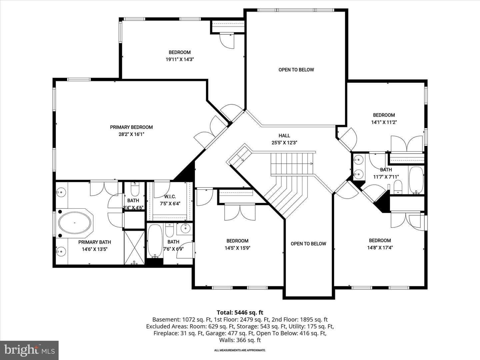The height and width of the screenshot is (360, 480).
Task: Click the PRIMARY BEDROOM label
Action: pos(131,127)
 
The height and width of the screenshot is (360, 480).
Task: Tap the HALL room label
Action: pos(284,136)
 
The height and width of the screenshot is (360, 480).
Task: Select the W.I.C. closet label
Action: pos(170,197)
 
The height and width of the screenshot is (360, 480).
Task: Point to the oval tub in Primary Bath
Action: pos(75,223)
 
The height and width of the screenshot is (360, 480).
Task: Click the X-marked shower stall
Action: pos(134,247)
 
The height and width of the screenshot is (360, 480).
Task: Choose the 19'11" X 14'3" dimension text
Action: pos(180,59)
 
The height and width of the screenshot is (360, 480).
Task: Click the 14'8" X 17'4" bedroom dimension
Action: pos(380,248)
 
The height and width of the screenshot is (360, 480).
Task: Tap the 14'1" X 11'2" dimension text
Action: pos(384,122)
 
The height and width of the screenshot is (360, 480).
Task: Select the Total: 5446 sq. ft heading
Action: pos(240,312)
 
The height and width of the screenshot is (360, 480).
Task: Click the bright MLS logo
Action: pos(29,350)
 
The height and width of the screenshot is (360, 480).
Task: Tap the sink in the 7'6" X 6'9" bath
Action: pos(186,229)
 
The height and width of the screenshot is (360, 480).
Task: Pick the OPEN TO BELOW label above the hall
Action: pos(296,70)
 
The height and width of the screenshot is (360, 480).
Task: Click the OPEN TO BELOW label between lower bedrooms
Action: pos(308,244)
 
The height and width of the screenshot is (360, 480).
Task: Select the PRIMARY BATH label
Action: pos(94,242)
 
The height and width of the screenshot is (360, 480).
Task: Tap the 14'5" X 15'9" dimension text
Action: pos(237,248)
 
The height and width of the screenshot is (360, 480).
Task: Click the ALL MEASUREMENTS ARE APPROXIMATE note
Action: pos(240,350)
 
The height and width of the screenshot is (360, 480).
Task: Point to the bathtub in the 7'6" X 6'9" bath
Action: pos(155,241)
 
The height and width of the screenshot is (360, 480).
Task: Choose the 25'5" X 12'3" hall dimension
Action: pos(284,143)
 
